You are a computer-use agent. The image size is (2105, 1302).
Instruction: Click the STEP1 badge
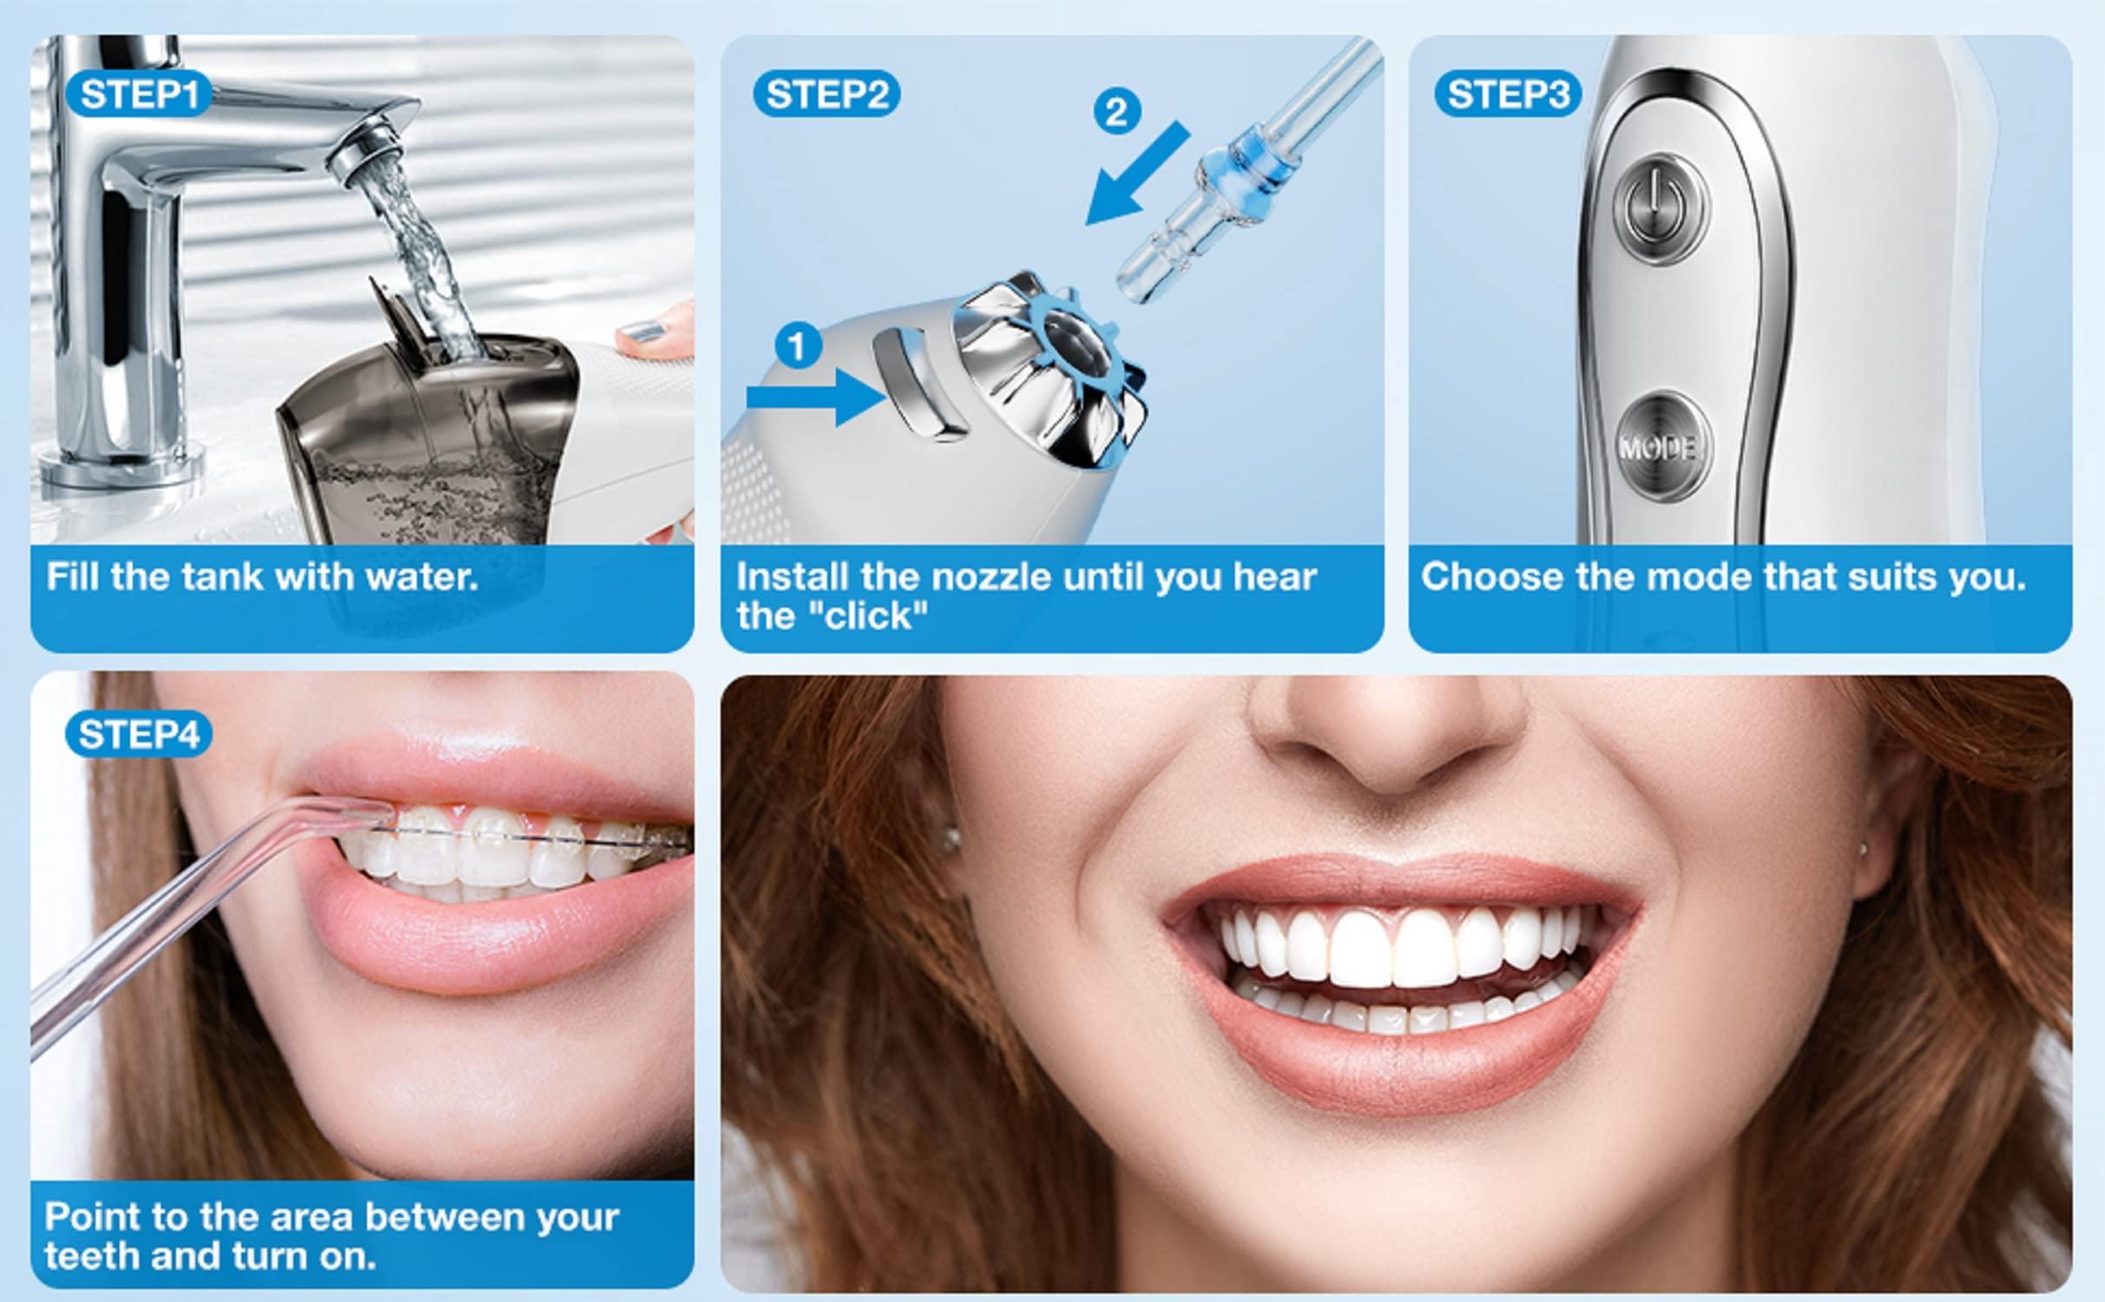click(x=138, y=94)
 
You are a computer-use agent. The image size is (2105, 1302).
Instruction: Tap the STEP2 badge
click(x=826, y=94)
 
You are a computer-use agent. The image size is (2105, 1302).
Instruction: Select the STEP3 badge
click(x=1508, y=94)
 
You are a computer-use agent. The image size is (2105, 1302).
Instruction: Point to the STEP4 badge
click(x=138, y=734)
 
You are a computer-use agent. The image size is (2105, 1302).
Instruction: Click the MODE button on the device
click(x=1664, y=447)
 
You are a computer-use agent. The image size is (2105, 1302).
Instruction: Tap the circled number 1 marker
click(x=798, y=346)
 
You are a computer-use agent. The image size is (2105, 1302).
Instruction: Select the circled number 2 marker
click(x=1116, y=111)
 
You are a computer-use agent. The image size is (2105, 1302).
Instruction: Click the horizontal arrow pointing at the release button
click(x=816, y=397)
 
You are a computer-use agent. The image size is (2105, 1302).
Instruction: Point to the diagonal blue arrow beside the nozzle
click(x=1137, y=174)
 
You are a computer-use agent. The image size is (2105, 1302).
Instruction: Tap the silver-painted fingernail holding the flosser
click(x=644, y=332)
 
